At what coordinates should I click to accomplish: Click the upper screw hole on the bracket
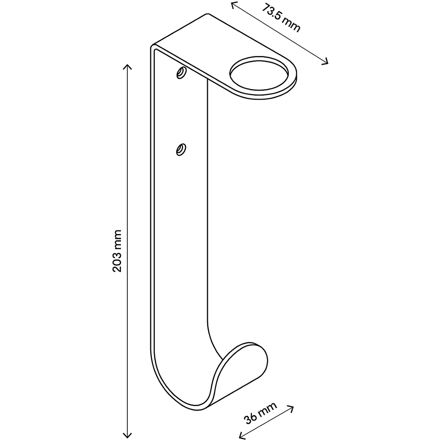click(x=181, y=73)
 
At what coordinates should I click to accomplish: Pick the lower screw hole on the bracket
click(x=181, y=149)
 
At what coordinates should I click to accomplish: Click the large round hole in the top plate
click(x=259, y=75)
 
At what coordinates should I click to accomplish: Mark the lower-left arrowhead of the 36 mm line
click(x=242, y=435)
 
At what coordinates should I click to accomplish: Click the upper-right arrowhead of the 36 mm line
click(x=291, y=408)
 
